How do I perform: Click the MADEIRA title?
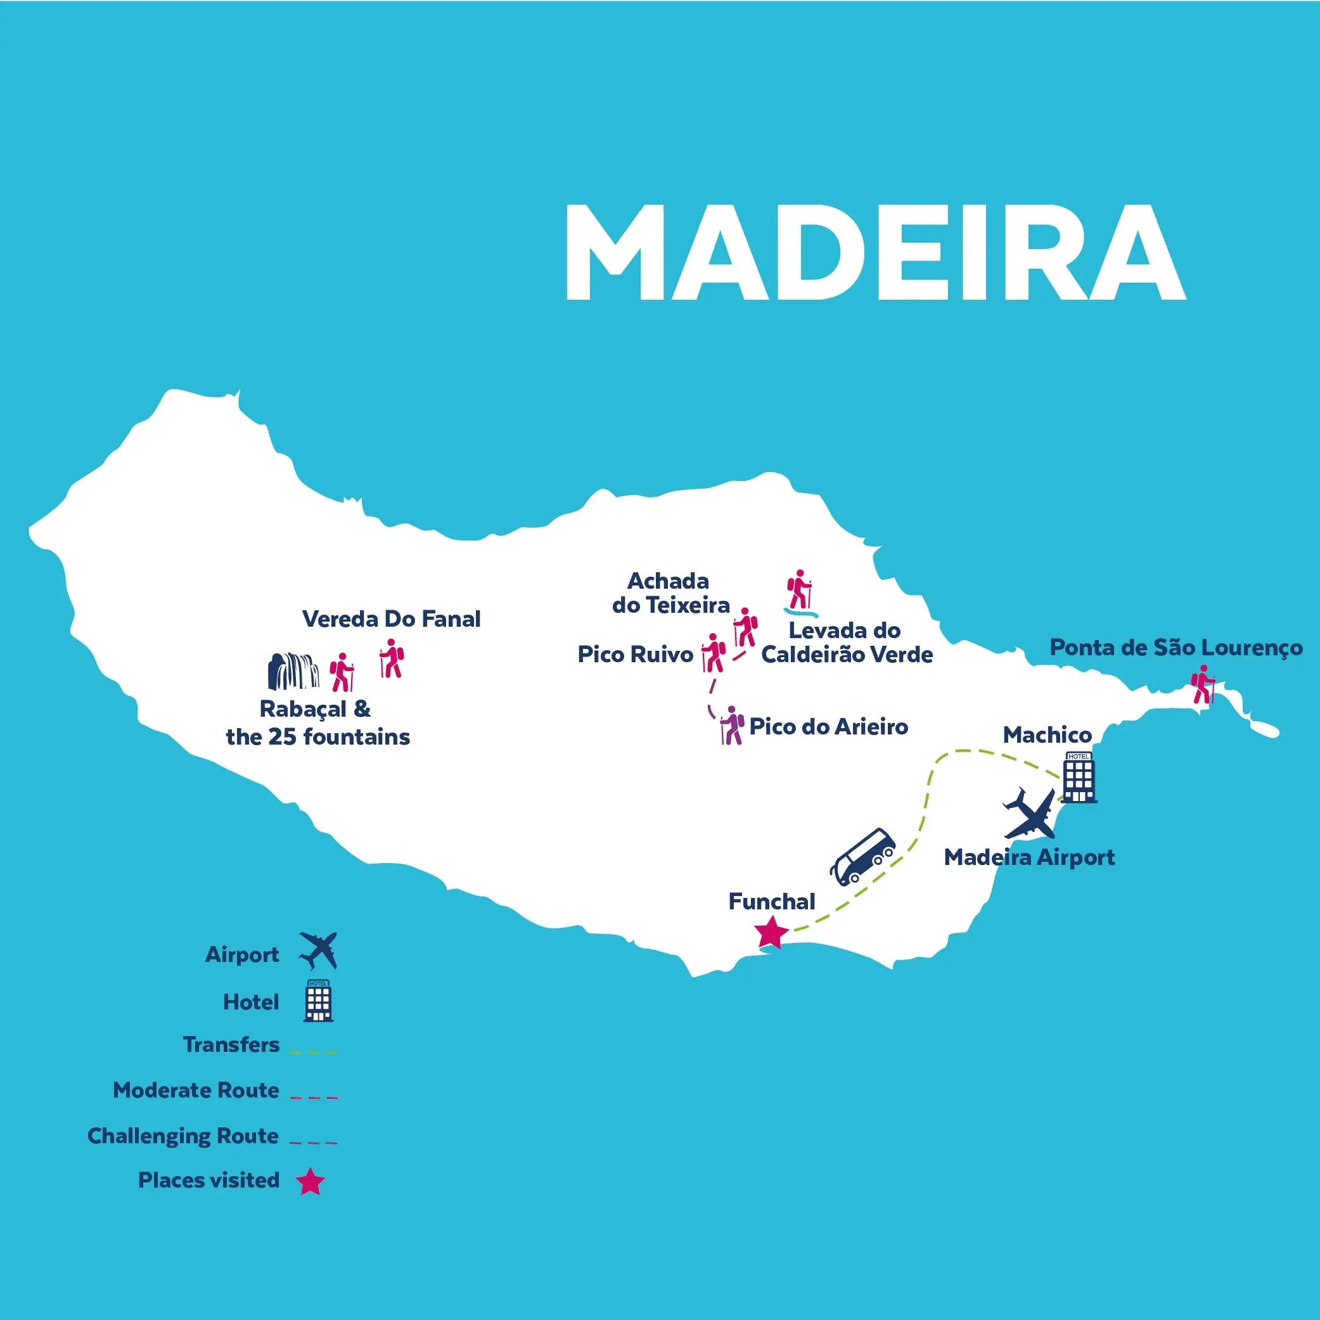click(875, 253)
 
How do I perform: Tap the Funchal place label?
click(771, 902)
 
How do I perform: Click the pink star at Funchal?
click(771, 933)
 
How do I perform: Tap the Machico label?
click(1047, 735)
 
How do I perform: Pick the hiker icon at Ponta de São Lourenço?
click(1203, 684)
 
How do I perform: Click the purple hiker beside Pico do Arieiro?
click(732, 726)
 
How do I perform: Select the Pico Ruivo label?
click(635, 655)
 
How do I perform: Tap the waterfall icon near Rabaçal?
click(292, 671)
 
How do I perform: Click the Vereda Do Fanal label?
click(391, 619)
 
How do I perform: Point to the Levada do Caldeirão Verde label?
click(846, 642)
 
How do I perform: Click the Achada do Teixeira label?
click(670, 593)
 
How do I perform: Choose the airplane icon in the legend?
click(318, 951)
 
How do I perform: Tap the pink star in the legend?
click(310, 1181)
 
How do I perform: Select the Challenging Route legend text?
click(183, 1136)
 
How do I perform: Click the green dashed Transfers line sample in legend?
click(314, 1052)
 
